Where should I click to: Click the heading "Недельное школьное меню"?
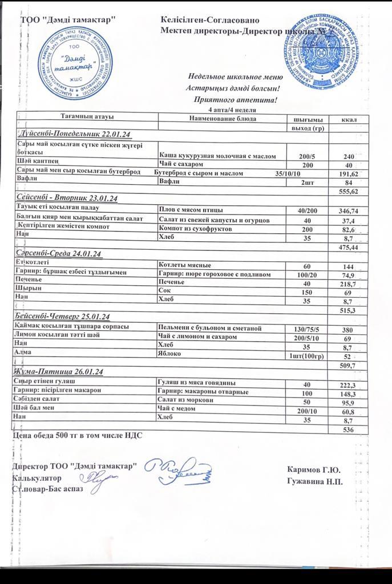click(235, 77)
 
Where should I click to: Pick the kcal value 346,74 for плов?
click(347, 211)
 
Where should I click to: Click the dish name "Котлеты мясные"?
click(185, 265)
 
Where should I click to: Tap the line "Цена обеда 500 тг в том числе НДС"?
click(77, 436)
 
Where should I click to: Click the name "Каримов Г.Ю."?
click(314, 470)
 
